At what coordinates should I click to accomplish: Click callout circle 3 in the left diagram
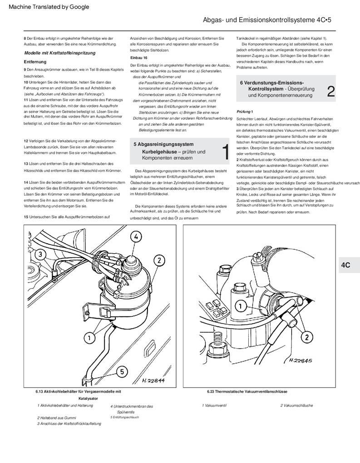40,254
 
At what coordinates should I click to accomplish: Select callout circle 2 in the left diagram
159,260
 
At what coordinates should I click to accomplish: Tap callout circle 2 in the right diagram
307,336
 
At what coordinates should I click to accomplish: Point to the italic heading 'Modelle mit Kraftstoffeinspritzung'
59,53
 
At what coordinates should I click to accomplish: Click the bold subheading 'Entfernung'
35,61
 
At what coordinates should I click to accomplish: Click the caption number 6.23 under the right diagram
210,391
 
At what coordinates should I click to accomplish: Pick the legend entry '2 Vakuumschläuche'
296,405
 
